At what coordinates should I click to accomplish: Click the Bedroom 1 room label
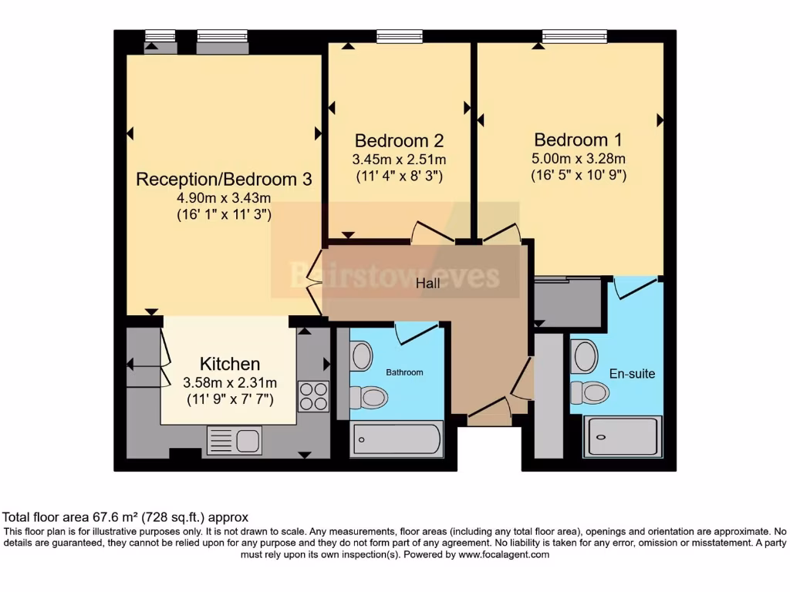click(578, 140)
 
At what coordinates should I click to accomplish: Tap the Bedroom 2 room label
click(399, 141)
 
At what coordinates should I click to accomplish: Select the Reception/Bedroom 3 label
click(224, 180)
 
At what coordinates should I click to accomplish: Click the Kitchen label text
click(230, 364)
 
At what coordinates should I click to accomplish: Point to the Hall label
click(427, 284)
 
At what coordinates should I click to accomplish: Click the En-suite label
click(632, 374)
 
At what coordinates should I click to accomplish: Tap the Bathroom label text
click(404, 372)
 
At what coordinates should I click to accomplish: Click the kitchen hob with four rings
click(313, 396)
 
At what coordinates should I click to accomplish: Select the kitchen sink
click(235, 440)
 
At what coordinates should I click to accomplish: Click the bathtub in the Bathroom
click(397, 439)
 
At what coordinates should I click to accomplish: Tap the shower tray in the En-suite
click(622, 437)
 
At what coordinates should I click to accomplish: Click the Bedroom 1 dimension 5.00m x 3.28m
click(578, 159)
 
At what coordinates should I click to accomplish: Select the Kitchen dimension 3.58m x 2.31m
click(230, 383)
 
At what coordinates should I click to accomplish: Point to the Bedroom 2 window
click(400, 35)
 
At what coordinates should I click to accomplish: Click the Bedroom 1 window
click(574, 35)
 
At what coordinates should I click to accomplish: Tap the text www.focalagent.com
click(503, 554)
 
